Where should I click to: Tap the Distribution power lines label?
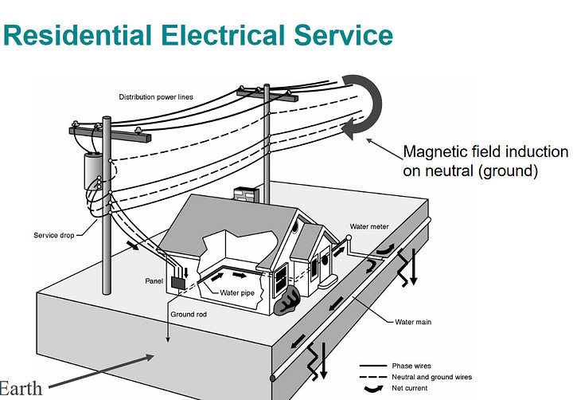[156, 97]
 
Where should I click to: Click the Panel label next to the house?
[154, 280]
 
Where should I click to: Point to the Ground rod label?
[188, 313]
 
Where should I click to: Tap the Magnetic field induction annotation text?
[485, 160]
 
